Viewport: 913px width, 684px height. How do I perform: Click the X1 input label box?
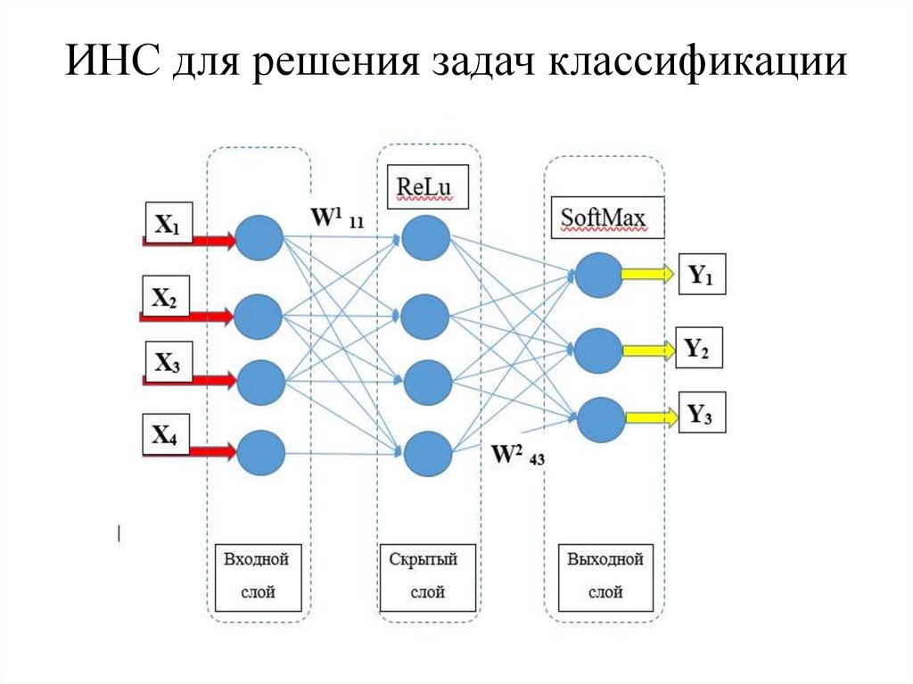click(167, 227)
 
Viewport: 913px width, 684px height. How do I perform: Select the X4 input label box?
click(166, 435)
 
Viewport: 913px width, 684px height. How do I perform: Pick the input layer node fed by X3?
click(260, 382)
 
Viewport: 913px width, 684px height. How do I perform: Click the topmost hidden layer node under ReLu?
click(425, 238)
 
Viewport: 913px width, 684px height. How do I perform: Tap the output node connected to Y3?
click(598, 418)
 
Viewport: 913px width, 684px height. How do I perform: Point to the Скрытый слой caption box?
click(424, 576)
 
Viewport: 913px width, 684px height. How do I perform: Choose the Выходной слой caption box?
click(605, 576)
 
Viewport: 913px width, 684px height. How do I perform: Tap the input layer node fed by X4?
click(260, 452)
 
